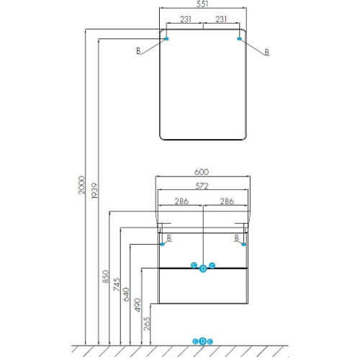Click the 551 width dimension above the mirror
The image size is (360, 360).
click(202, 4)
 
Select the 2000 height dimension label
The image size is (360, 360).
click(81, 185)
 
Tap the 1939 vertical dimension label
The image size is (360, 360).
click(95, 191)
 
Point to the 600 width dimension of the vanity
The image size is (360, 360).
click(202, 172)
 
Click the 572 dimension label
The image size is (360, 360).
click(202, 186)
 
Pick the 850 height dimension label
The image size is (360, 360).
click(106, 276)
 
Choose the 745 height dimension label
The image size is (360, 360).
click(117, 284)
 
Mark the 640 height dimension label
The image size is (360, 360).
click(126, 294)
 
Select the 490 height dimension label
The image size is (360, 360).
click(138, 305)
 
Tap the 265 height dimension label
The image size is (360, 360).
click(147, 323)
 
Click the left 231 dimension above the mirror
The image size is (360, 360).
click(186, 19)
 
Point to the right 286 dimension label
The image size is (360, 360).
click(227, 201)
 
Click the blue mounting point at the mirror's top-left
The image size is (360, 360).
click(166, 39)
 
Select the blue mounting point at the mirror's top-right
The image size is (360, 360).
click(239, 39)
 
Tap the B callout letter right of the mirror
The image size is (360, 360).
click(266, 52)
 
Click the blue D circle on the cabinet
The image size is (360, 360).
click(203, 269)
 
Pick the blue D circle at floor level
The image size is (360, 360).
click(203, 341)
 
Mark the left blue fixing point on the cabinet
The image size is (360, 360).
click(163, 244)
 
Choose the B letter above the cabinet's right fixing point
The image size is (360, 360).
click(237, 238)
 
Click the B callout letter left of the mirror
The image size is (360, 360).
click(138, 51)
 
